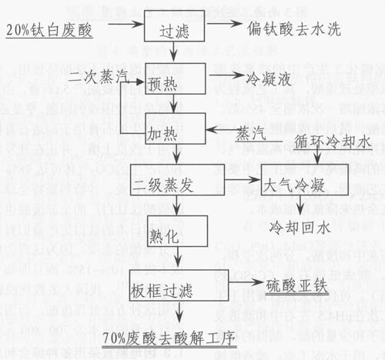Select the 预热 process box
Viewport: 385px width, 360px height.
point(175,78)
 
